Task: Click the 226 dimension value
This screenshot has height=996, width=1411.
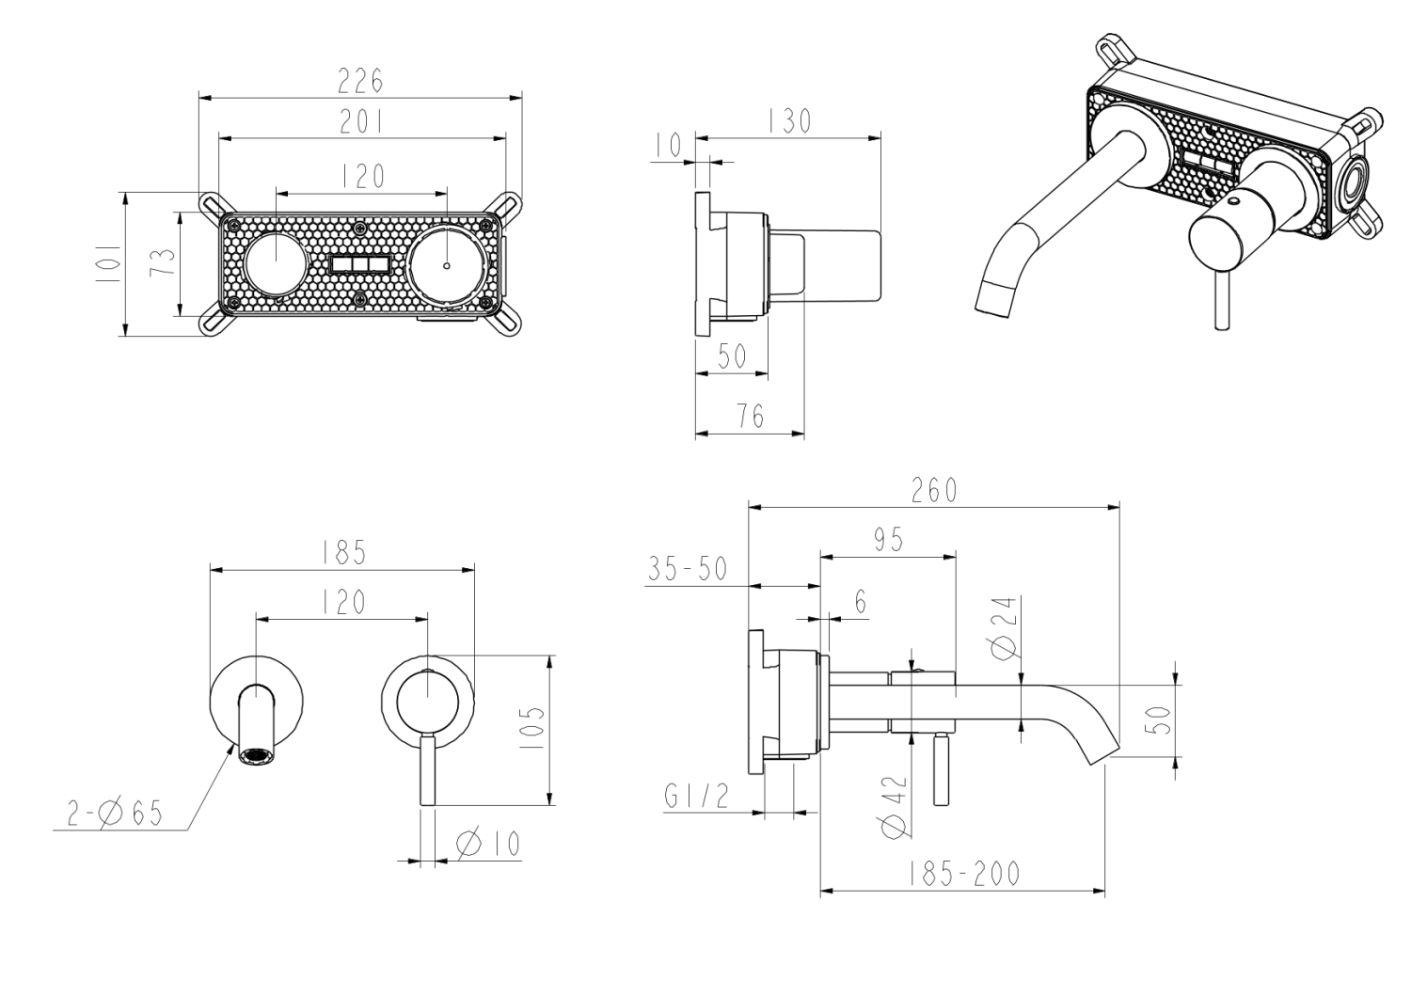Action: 361,82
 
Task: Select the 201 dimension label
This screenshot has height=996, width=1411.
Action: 361,122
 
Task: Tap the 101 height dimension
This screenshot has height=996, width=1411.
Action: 108,264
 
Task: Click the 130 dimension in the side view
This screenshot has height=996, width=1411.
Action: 789,121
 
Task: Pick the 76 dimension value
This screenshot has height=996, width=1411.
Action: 750,417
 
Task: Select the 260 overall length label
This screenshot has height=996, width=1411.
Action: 934,490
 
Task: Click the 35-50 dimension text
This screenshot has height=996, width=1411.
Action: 688,569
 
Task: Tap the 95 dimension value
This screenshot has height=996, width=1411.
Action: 888,539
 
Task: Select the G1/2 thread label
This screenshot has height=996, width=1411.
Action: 696,797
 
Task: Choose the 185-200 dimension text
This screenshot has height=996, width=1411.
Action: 964,874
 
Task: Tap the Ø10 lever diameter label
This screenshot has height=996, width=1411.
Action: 488,844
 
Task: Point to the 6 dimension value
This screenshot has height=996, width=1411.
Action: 861,602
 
